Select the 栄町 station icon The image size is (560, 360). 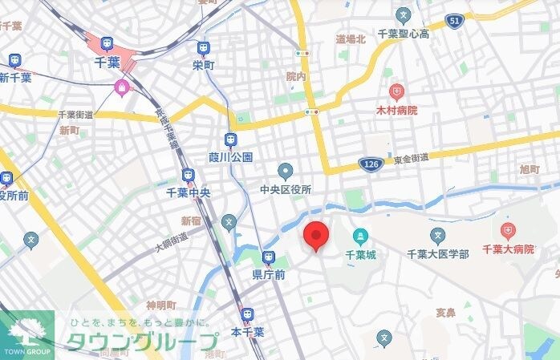203,48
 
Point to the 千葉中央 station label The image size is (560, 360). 188,192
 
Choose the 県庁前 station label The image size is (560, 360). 269,273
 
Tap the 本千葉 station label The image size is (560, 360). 247,330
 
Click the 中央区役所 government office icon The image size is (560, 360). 286,171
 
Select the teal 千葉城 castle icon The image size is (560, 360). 360,237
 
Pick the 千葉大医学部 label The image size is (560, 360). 437,253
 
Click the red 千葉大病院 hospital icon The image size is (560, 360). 507,233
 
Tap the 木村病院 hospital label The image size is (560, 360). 396,109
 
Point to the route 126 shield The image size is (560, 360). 371,163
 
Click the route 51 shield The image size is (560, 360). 454,22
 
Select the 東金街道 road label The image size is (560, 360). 411,160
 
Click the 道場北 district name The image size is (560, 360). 350,38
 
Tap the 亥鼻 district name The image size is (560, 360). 445,312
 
